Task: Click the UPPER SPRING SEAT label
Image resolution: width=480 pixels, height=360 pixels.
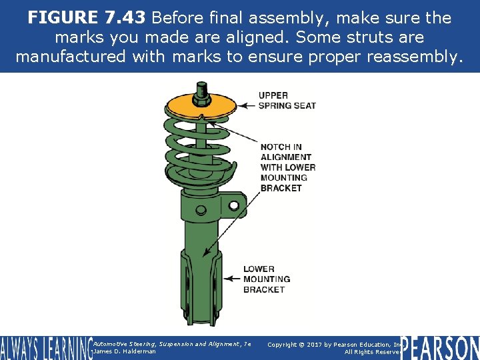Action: point(287,100)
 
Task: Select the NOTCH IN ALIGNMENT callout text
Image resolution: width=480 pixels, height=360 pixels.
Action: point(288,167)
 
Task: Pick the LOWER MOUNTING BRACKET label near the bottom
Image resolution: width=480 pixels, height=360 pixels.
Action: point(267,279)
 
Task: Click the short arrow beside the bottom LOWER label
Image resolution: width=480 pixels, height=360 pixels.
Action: point(233,278)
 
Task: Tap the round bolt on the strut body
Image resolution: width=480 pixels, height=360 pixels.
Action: point(201,210)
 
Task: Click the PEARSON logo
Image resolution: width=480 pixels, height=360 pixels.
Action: point(440,347)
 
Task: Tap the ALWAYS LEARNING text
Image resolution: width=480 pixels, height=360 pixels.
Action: point(45,347)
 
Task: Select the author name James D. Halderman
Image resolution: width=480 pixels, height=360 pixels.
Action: point(125,351)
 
